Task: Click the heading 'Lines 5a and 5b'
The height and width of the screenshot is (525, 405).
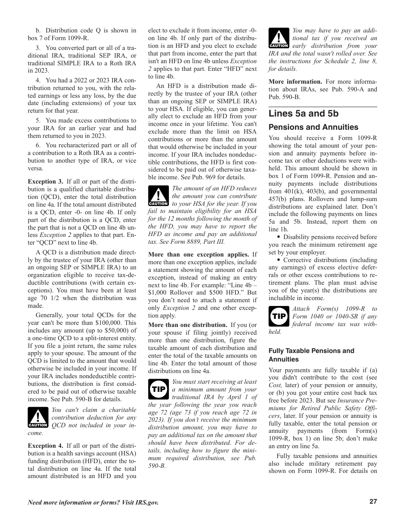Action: click(304, 114)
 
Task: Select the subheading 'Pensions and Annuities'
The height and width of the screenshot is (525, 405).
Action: click(313, 127)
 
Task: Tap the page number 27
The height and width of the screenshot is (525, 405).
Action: click(373, 502)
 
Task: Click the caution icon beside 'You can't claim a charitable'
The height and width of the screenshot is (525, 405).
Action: click(38, 417)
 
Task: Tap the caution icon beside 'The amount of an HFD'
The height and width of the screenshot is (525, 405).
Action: click(158, 196)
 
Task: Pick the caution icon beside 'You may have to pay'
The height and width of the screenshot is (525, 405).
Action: click(279, 38)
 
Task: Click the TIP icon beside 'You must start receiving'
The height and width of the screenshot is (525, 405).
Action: click(159, 389)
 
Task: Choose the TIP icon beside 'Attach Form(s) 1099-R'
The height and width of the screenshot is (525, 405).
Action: click(279, 316)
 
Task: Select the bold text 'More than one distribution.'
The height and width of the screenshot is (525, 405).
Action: click(188, 325)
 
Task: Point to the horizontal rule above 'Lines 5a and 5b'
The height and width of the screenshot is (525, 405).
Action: click(323, 107)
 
